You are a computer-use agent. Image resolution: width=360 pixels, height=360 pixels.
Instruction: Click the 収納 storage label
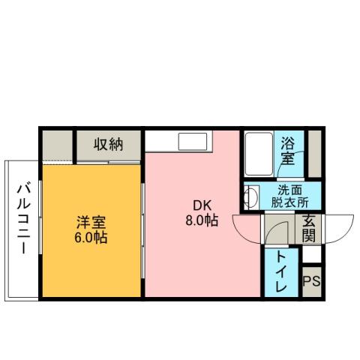[x=108, y=143]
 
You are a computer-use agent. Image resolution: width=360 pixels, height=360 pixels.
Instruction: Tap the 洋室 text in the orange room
[x=91, y=223]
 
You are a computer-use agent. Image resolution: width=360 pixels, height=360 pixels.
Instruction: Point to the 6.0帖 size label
[x=91, y=238]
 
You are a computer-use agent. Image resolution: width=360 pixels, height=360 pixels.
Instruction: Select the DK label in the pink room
[x=201, y=205]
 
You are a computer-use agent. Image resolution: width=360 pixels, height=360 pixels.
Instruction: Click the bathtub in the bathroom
[x=259, y=153]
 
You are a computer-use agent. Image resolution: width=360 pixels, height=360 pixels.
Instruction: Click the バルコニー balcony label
[x=22, y=218]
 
